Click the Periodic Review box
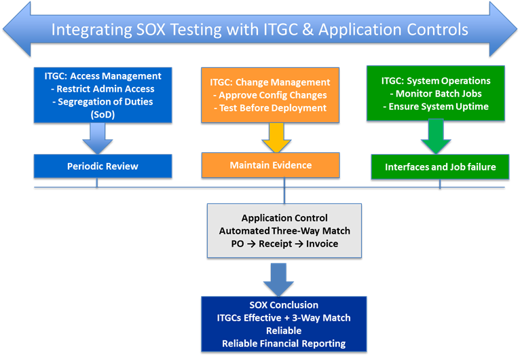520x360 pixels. (103, 166)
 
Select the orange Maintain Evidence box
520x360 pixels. (270, 165)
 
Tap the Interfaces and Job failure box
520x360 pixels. (440, 167)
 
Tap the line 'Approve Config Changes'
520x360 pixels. (272, 95)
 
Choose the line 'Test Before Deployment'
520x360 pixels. (272, 108)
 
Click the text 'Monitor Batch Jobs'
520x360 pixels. (435, 94)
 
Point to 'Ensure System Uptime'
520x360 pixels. (435, 107)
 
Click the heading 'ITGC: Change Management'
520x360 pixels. (270, 82)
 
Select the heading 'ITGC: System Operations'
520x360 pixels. (436, 81)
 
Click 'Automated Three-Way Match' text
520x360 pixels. (284, 231)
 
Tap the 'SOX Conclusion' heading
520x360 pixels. (284, 305)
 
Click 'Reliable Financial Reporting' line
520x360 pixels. (284, 344)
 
